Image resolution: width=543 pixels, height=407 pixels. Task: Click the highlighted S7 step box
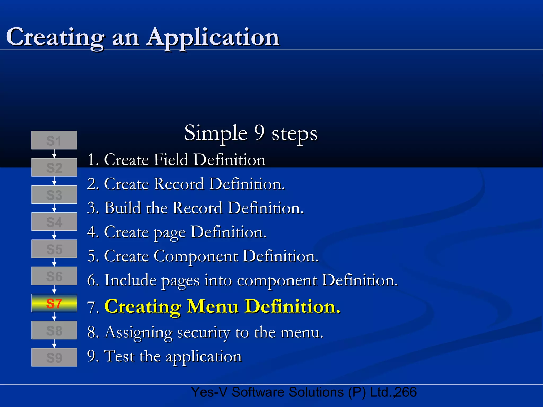pos(54,303)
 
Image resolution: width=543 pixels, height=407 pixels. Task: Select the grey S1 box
pos(54,140)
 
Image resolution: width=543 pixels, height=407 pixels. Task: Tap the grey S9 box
pos(54,357)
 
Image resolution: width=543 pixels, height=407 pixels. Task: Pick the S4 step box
pos(54,222)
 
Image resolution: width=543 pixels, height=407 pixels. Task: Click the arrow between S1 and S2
pos(54,154)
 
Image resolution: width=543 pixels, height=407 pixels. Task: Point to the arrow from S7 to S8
pos(54,317)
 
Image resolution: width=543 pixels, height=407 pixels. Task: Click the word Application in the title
pos(213,37)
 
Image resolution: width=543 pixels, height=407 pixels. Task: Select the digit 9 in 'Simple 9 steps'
pos(259,132)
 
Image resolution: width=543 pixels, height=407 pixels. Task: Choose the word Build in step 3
pos(122,208)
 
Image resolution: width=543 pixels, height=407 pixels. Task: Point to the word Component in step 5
pos(196,256)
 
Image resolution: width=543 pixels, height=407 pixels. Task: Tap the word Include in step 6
pos(130,280)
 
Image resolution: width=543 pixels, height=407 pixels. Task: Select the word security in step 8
pos(203,332)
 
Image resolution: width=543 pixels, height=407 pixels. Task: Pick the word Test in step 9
pos(119,356)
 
